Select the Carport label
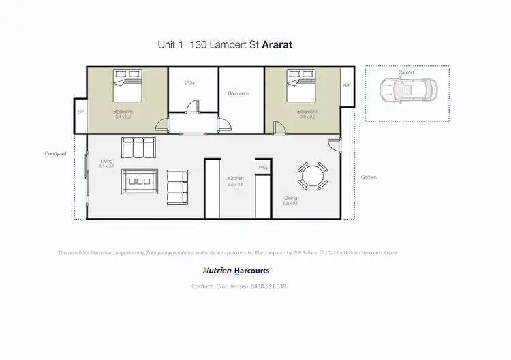click(x=407, y=72)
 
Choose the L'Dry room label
click(x=190, y=83)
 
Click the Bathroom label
click(x=238, y=93)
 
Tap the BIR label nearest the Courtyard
click(x=80, y=112)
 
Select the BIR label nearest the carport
click(x=347, y=86)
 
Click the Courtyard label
click(x=55, y=154)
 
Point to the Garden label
click(x=369, y=177)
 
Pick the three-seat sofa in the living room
click(x=138, y=148)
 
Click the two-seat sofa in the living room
click(x=178, y=186)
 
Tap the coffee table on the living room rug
click(x=140, y=181)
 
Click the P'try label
click(x=262, y=167)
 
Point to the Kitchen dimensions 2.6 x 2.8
click(x=236, y=185)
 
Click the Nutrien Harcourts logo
click(x=236, y=271)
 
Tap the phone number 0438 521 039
click(x=268, y=286)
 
